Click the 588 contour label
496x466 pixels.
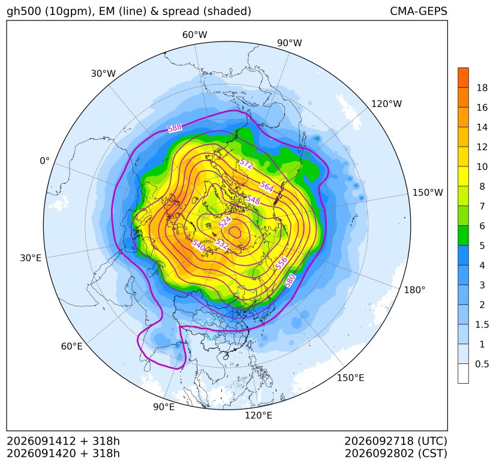click(175, 128)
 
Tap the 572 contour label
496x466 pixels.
click(247, 164)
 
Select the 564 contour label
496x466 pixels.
click(267, 187)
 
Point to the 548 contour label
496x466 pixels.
click(253, 200)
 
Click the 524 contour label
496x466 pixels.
click(225, 222)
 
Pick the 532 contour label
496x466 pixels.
click(222, 244)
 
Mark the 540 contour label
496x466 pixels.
click(199, 246)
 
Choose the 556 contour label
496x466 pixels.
click(281, 263)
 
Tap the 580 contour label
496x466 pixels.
click(290, 280)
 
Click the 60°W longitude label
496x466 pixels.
click(194, 35)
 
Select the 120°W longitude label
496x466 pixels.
click(386, 104)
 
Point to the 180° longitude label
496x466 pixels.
click(414, 290)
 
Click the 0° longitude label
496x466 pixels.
click(44, 161)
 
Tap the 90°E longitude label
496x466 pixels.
click(164, 407)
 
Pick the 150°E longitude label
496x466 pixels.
click(350, 378)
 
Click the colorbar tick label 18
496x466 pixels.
click(482, 88)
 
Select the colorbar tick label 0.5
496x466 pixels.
click(482, 364)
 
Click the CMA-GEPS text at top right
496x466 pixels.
click(419, 11)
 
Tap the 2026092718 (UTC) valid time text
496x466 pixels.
click(396, 441)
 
